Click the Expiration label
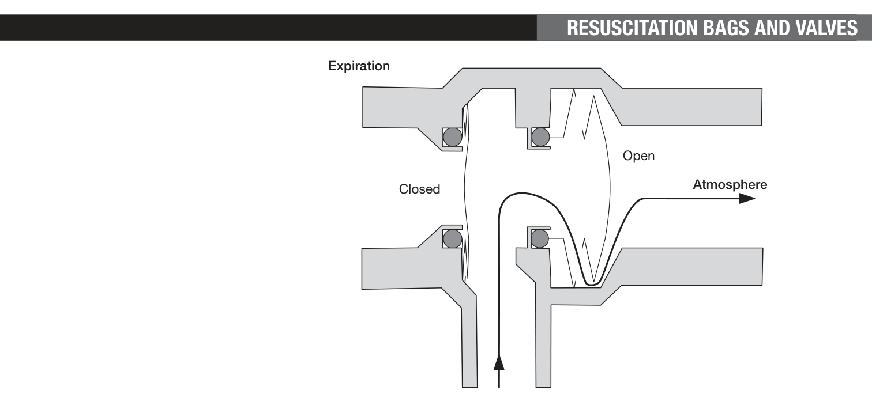(359, 66)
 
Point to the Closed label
(419, 189)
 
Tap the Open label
(638, 156)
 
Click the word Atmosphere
(730, 184)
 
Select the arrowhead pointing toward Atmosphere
(747, 199)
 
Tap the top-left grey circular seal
(452, 137)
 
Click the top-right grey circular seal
(540, 137)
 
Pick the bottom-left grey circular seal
(452, 238)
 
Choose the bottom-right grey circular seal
(540, 238)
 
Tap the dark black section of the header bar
(268, 28)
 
